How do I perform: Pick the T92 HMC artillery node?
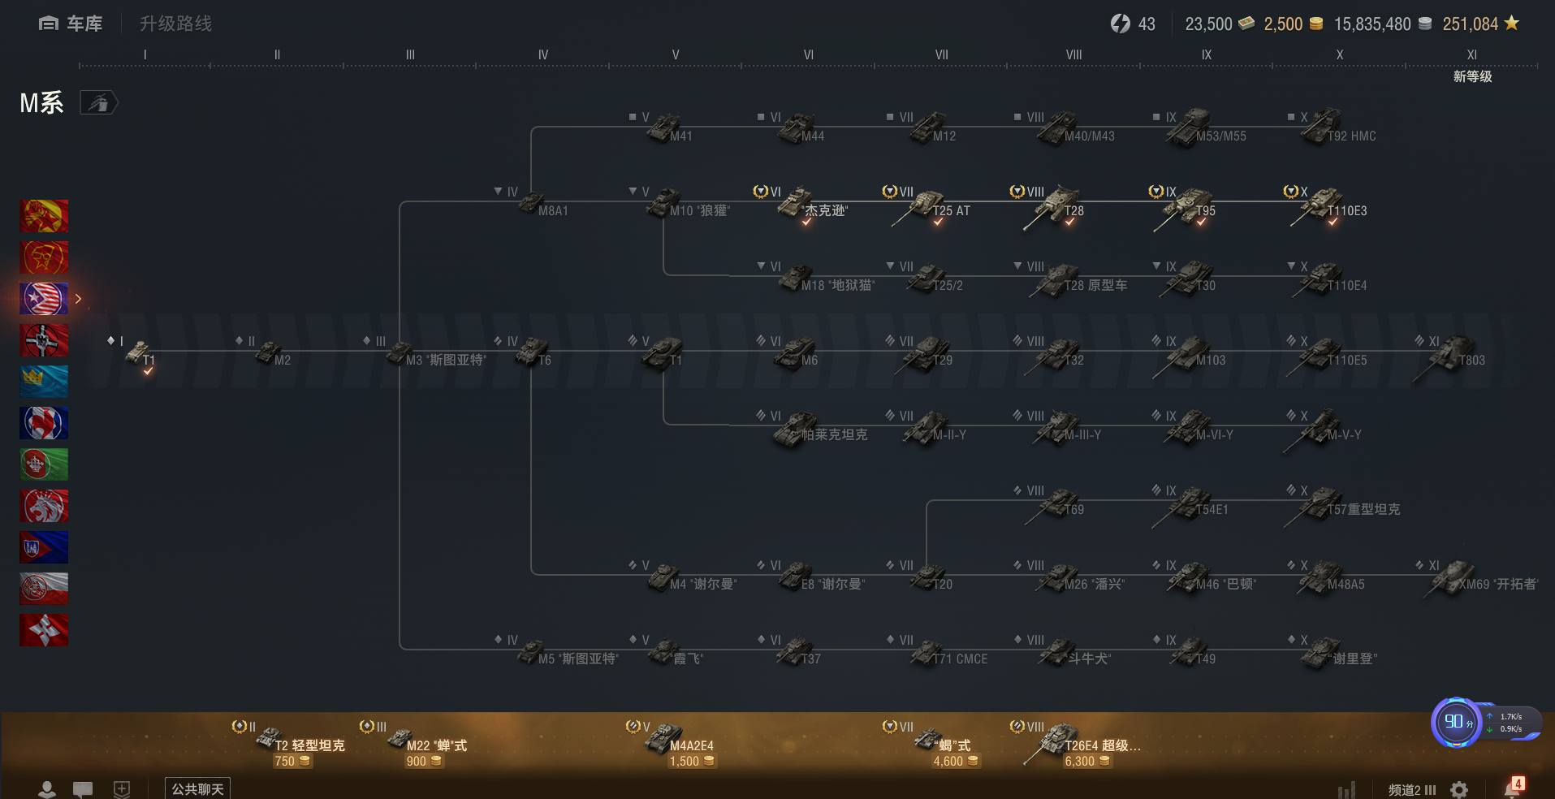coord(1324,130)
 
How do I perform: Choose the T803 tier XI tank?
coord(1453,355)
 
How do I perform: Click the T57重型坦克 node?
coord(1324,504)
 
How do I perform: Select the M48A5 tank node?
coord(1324,579)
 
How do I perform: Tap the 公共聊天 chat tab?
coord(197,788)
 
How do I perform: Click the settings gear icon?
coord(1459,789)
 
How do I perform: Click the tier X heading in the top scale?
coord(1339,55)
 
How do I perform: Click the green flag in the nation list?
coord(44,464)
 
